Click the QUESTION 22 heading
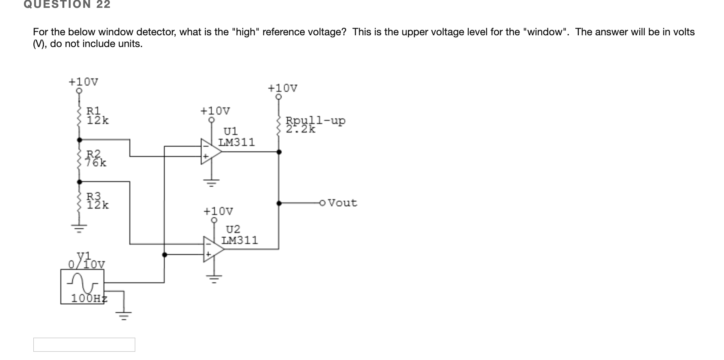tap(67, 4)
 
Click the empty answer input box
tap(84, 345)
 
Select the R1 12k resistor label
tap(97, 116)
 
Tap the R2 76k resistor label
tap(96, 158)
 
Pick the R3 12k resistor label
tap(97, 200)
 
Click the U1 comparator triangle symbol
tap(210, 151)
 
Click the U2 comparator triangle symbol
tap(213, 249)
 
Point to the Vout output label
tap(342, 203)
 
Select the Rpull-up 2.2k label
tap(315, 124)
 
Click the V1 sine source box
tap(82, 286)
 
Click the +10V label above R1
tap(83, 82)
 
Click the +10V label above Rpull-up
tap(282, 88)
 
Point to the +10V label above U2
tap(218, 212)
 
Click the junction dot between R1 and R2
tap(80, 140)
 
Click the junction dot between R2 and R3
tap(80, 182)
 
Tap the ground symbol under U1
tap(212, 182)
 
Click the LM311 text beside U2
tap(239, 240)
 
